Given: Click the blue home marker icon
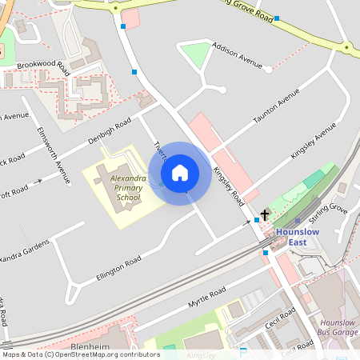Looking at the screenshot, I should pyautogui.click(x=180, y=173).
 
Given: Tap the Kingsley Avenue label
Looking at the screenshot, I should pyautogui.click(x=313, y=141).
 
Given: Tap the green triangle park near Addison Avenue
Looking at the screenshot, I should pyautogui.click(x=195, y=55).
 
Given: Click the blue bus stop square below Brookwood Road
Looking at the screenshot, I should pyautogui.click(x=134, y=72).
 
